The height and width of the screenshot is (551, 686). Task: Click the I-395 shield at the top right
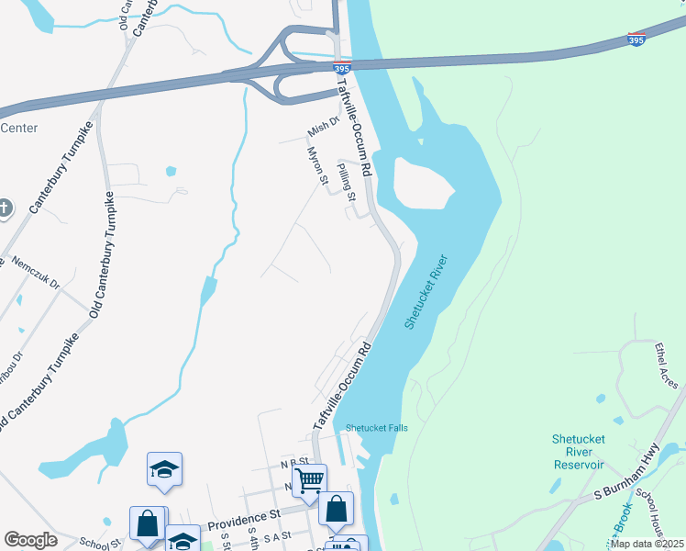coord(636,39)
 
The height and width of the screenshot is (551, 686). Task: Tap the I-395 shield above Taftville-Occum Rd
coord(341,69)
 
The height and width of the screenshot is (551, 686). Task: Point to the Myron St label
coord(317,165)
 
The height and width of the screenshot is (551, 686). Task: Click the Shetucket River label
coord(426,292)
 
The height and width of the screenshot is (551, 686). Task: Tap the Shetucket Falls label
coord(376,428)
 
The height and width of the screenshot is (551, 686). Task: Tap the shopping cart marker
coord(310,478)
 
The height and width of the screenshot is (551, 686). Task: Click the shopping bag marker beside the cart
coord(337,507)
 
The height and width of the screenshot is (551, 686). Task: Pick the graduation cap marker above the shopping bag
coord(165,468)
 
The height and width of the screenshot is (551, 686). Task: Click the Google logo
coord(30,540)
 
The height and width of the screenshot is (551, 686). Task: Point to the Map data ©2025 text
coord(647,544)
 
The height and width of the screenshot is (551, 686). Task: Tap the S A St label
coord(274,534)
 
